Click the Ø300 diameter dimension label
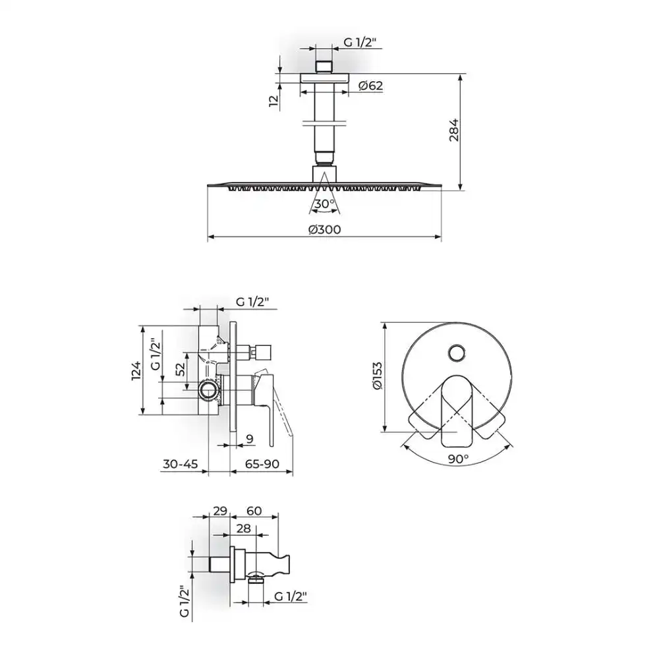pos(324,229)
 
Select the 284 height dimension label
pos(454,130)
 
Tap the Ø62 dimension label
pos(370,86)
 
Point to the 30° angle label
pos(325,204)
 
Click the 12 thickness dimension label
pos(273,100)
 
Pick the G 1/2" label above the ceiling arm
pos(360,42)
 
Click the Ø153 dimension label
pos(378,376)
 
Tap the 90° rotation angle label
pos(458,459)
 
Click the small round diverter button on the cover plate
pos(457,353)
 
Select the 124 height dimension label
pos(137,370)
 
